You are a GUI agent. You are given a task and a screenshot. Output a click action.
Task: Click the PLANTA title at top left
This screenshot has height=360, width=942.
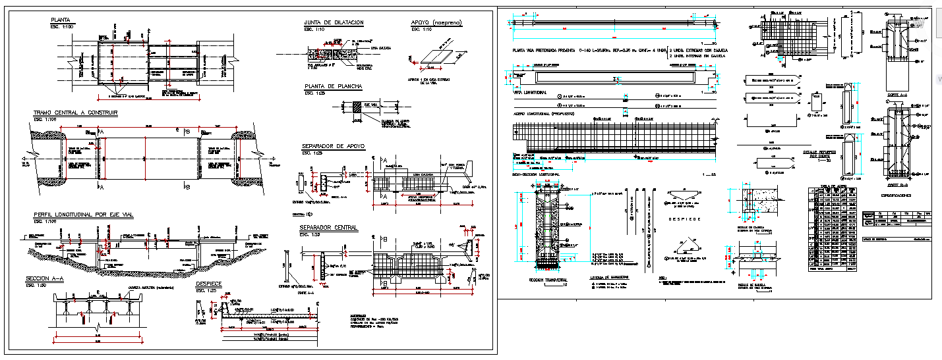coord(60,20)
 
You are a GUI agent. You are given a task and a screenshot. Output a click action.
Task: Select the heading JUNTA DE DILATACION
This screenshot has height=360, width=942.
coord(334,23)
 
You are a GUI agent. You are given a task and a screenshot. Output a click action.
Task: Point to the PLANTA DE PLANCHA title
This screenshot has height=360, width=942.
coord(333,86)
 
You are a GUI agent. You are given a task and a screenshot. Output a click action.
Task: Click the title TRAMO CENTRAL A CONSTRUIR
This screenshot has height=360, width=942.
coord(75,113)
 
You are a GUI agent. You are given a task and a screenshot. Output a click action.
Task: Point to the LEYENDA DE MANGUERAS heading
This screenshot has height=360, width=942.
coord(609,277)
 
